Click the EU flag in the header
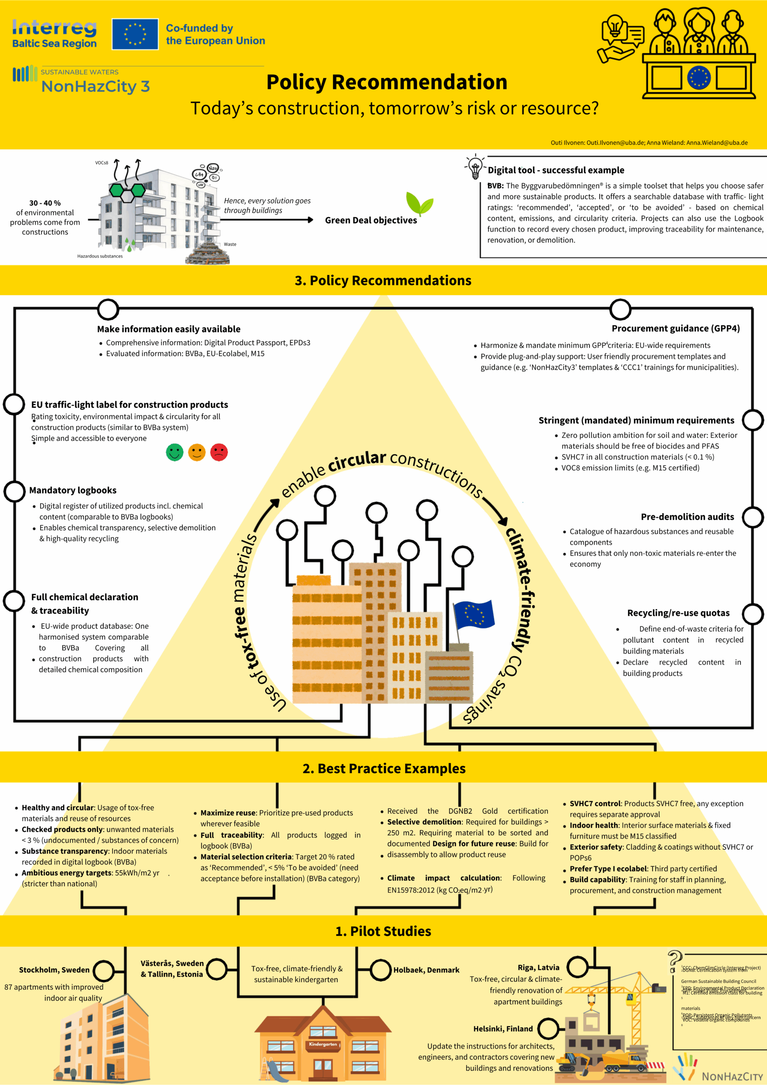coord(135,34)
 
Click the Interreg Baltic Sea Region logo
coord(54,34)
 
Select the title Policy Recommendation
coord(386,82)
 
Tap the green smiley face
coord(174,452)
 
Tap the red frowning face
coord(219,452)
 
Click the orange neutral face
coord(197,452)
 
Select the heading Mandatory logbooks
coord(73,490)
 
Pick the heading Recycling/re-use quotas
coord(678,613)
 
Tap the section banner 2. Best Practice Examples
coord(384,768)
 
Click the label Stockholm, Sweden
coord(54,970)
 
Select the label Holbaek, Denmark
coord(426,970)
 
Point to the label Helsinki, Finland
coord(503,1029)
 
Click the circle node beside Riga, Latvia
coord(577,967)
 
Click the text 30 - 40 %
coord(45,203)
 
